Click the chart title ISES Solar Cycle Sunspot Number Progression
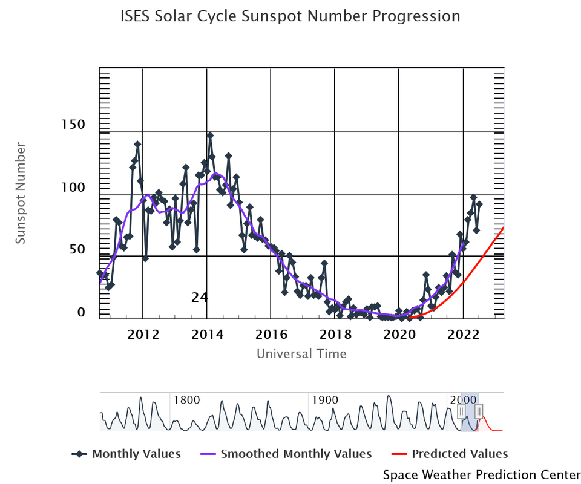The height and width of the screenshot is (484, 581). point(290,16)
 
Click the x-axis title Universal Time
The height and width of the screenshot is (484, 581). point(301,354)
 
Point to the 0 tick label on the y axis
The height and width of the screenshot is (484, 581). point(80,312)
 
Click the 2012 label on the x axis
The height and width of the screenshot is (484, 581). point(143,335)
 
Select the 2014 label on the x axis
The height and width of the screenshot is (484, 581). point(207,335)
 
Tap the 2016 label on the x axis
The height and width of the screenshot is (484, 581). point(271,335)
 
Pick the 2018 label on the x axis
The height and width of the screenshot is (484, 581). point(335,335)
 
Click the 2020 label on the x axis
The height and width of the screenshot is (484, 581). point(399,335)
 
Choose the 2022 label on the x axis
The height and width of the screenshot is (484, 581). point(463,335)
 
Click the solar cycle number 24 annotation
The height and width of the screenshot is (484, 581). point(200,297)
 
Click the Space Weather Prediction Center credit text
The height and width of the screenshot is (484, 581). point(482,474)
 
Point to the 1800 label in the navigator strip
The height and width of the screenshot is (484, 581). point(187,400)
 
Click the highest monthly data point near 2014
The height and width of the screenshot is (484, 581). point(210,136)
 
